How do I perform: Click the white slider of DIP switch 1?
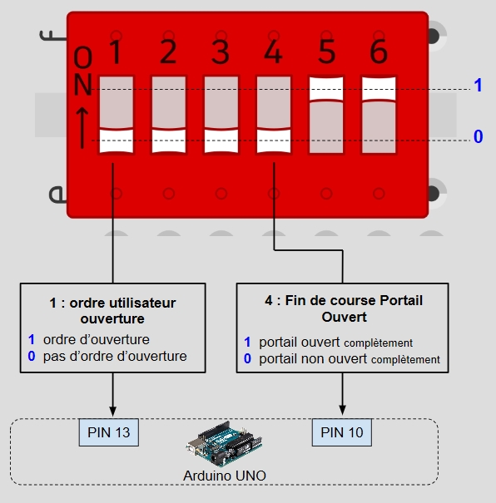(117, 141)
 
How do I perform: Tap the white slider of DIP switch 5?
(326, 89)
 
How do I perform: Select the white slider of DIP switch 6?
(379, 89)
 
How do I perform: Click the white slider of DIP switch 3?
(221, 141)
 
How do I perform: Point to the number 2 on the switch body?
(168, 52)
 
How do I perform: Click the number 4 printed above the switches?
(273, 52)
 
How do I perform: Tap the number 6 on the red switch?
(379, 52)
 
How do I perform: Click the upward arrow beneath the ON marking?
(82, 128)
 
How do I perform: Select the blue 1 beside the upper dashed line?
(478, 86)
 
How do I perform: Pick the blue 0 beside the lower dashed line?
(479, 136)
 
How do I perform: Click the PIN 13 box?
(109, 432)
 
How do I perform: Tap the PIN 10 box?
(342, 432)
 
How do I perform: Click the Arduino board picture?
(224, 443)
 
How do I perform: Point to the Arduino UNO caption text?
(225, 476)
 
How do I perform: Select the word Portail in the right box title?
(401, 301)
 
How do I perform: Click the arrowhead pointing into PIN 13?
(112, 412)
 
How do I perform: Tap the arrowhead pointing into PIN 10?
(342, 410)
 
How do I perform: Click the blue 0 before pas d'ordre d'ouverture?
(32, 356)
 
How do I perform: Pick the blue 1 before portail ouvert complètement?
(247, 342)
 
